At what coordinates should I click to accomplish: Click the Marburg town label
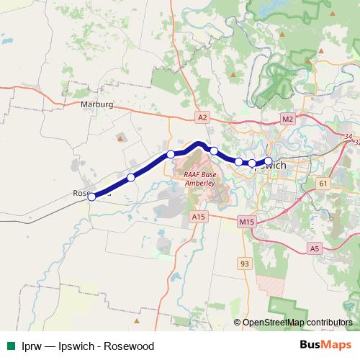pyautogui.click(x=98, y=104)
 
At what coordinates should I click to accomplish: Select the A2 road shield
pyautogui.click(x=202, y=117)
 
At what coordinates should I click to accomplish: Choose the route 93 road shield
pyautogui.click(x=245, y=264)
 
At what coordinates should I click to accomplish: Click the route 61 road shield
pyautogui.click(x=323, y=184)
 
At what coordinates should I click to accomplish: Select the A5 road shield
pyautogui.click(x=314, y=248)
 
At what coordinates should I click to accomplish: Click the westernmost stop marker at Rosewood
pyautogui.click(x=91, y=196)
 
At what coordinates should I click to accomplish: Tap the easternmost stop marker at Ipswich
pyautogui.click(x=269, y=161)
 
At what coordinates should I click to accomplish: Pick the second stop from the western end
pyautogui.click(x=131, y=177)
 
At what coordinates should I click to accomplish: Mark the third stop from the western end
pyautogui.click(x=171, y=154)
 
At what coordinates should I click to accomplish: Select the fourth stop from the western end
pyautogui.click(x=214, y=150)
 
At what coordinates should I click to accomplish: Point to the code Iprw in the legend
pyautogui.click(x=31, y=346)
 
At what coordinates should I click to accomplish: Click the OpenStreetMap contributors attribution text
pyautogui.click(x=297, y=322)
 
